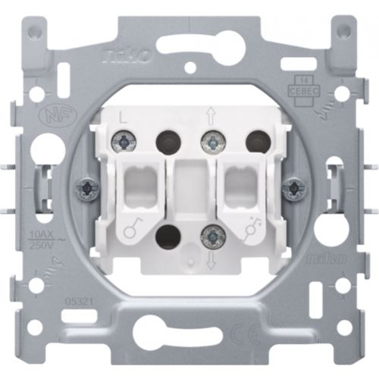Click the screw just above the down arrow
point(213,238)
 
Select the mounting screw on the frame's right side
point(291,187)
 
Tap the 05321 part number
point(77,301)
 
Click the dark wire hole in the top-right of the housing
point(258,139)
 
